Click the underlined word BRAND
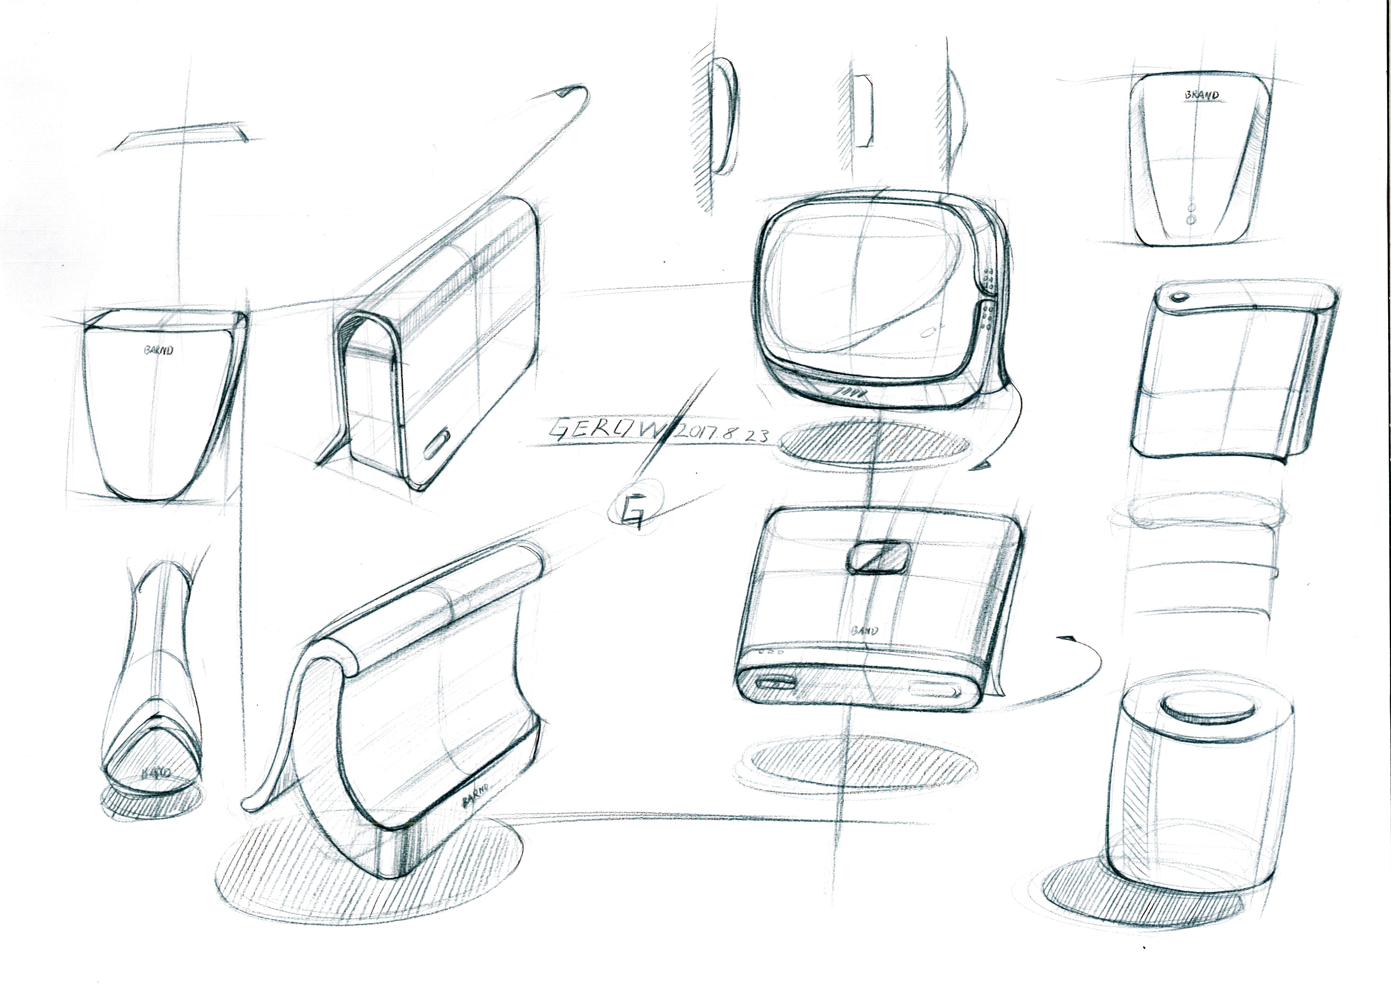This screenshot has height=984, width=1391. coord(1201,95)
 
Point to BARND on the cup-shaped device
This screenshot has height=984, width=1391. coord(159,350)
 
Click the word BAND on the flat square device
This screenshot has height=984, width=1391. coord(865,630)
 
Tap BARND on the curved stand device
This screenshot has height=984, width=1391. coord(476,794)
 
